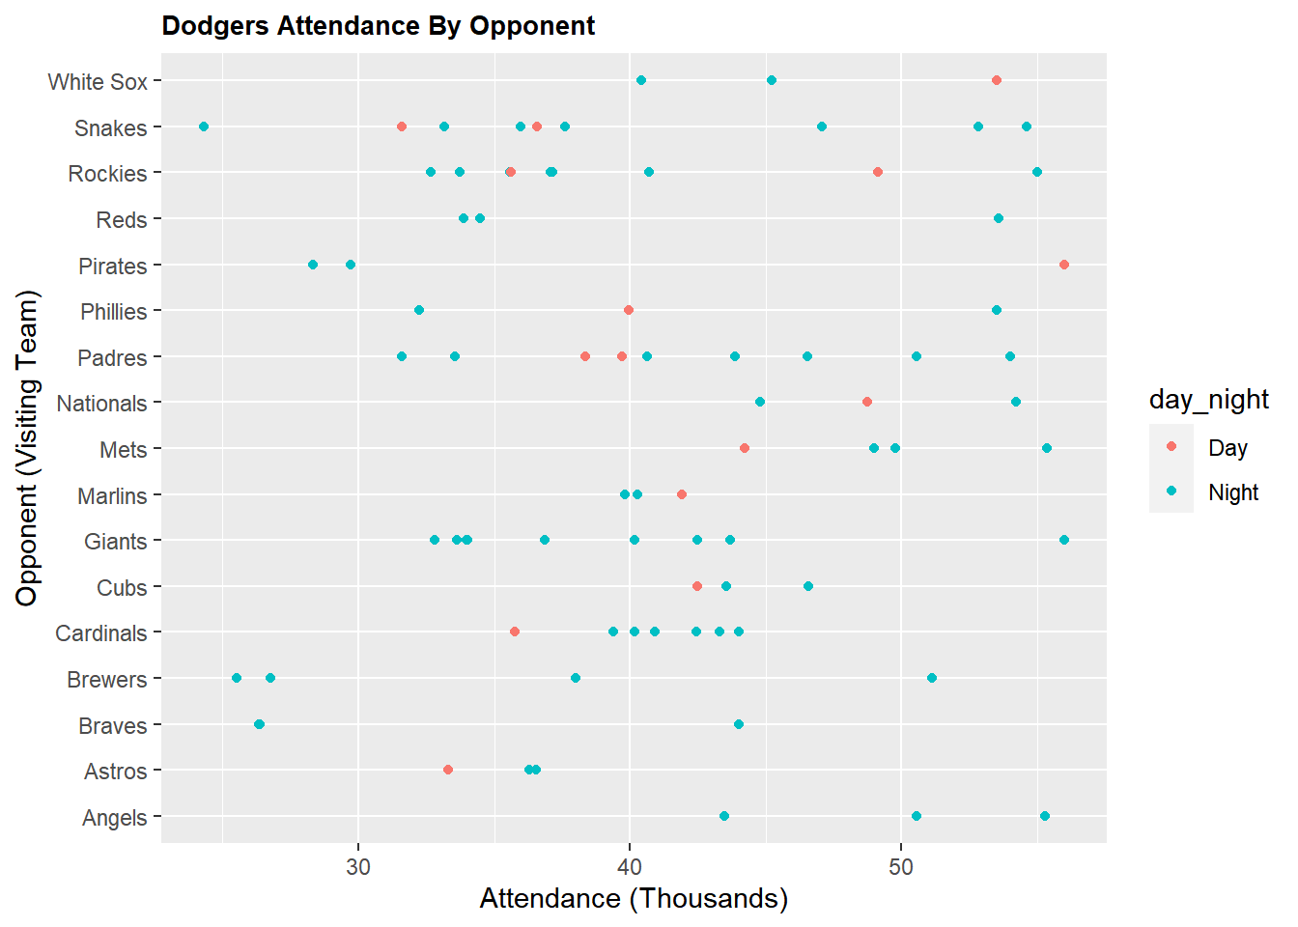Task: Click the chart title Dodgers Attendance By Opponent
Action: pyautogui.click(x=378, y=26)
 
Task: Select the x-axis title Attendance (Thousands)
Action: pyautogui.click(x=634, y=899)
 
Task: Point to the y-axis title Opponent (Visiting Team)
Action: pyautogui.click(x=27, y=448)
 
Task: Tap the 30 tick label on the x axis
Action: pyautogui.click(x=358, y=866)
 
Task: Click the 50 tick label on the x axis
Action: pyautogui.click(x=901, y=866)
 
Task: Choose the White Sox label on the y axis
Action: pyautogui.click(x=98, y=82)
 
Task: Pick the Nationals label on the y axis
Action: pyautogui.click(x=101, y=404)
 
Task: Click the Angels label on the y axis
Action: pyautogui.click(x=114, y=818)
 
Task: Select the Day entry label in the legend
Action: pyautogui.click(x=1227, y=448)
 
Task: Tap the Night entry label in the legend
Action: pyautogui.click(x=1233, y=492)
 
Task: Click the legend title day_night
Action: pyautogui.click(x=1208, y=400)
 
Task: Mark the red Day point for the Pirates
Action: pyautogui.click(x=1064, y=265)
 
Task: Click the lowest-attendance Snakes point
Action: pyautogui.click(x=204, y=126)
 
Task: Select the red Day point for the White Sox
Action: pyautogui.click(x=997, y=80)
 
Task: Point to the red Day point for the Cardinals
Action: pyautogui.click(x=515, y=632)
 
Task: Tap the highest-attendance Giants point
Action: pyautogui.click(x=1064, y=540)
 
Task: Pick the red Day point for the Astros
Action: pyautogui.click(x=448, y=770)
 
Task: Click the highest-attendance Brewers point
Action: pyautogui.click(x=932, y=678)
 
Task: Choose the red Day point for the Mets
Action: pyautogui.click(x=745, y=448)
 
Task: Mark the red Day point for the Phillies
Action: pyautogui.click(x=629, y=310)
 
